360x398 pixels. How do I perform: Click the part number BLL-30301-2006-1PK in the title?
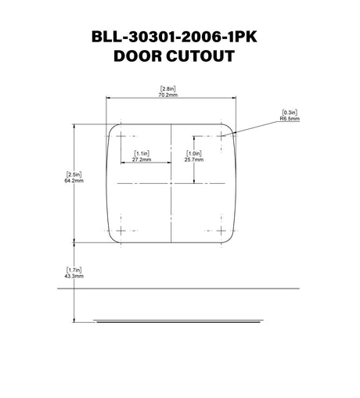click(x=175, y=37)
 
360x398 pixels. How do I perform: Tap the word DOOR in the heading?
click(x=138, y=56)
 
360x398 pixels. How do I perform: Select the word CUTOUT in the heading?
click(x=200, y=56)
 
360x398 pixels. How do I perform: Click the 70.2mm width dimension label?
click(x=167, y=95)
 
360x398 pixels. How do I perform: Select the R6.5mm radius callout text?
click(x=290, y=119)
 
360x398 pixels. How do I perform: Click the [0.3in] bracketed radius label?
click(x=290, y=113)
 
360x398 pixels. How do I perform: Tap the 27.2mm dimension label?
click(x=142, y=160)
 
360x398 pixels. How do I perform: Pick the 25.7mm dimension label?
click(x=194, y=160)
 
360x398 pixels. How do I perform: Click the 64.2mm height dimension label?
click(x=74, y=181)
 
